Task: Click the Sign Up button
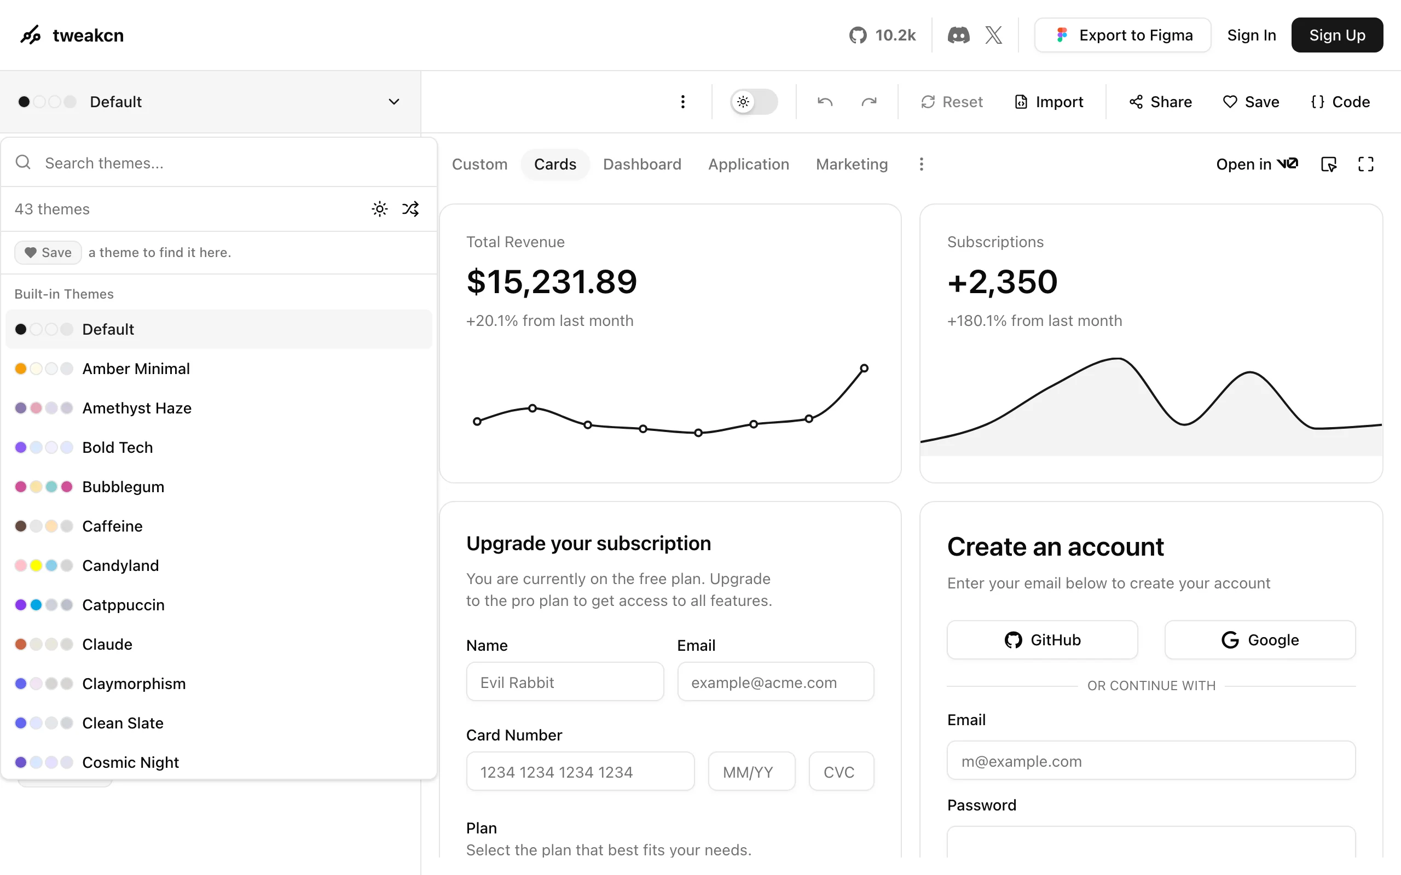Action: (1337, 36)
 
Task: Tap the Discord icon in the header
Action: (958, 36)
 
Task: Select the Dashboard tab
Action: (642, 165)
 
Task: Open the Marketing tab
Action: (852, 165)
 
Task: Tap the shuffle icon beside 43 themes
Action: (410, 209)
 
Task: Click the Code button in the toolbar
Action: (1340, 102)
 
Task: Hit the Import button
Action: (1049, 102)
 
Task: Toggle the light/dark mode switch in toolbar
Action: (754, 102)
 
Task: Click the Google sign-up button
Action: (1260, 640)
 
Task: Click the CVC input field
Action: (841, 772)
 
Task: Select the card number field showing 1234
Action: (580, 772)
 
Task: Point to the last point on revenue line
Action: (864, 368)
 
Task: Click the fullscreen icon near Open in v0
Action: (1365, 165)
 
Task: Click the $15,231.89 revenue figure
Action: (552, 282)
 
